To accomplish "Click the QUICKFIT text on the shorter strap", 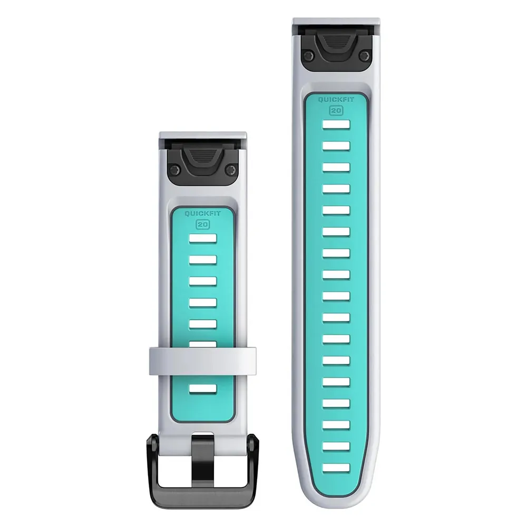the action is click(203, 214).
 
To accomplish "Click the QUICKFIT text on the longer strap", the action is click(336, 100).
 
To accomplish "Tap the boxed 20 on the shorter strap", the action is click(203, 224).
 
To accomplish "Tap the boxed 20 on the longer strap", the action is click(336, 110).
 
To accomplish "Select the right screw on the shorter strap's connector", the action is click(231, 169).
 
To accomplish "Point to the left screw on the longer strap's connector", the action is click(307, 55).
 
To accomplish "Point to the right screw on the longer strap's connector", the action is click(364, 55).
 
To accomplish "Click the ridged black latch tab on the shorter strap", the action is click(202, 157).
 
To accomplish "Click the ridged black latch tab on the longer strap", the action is click(336, 43).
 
